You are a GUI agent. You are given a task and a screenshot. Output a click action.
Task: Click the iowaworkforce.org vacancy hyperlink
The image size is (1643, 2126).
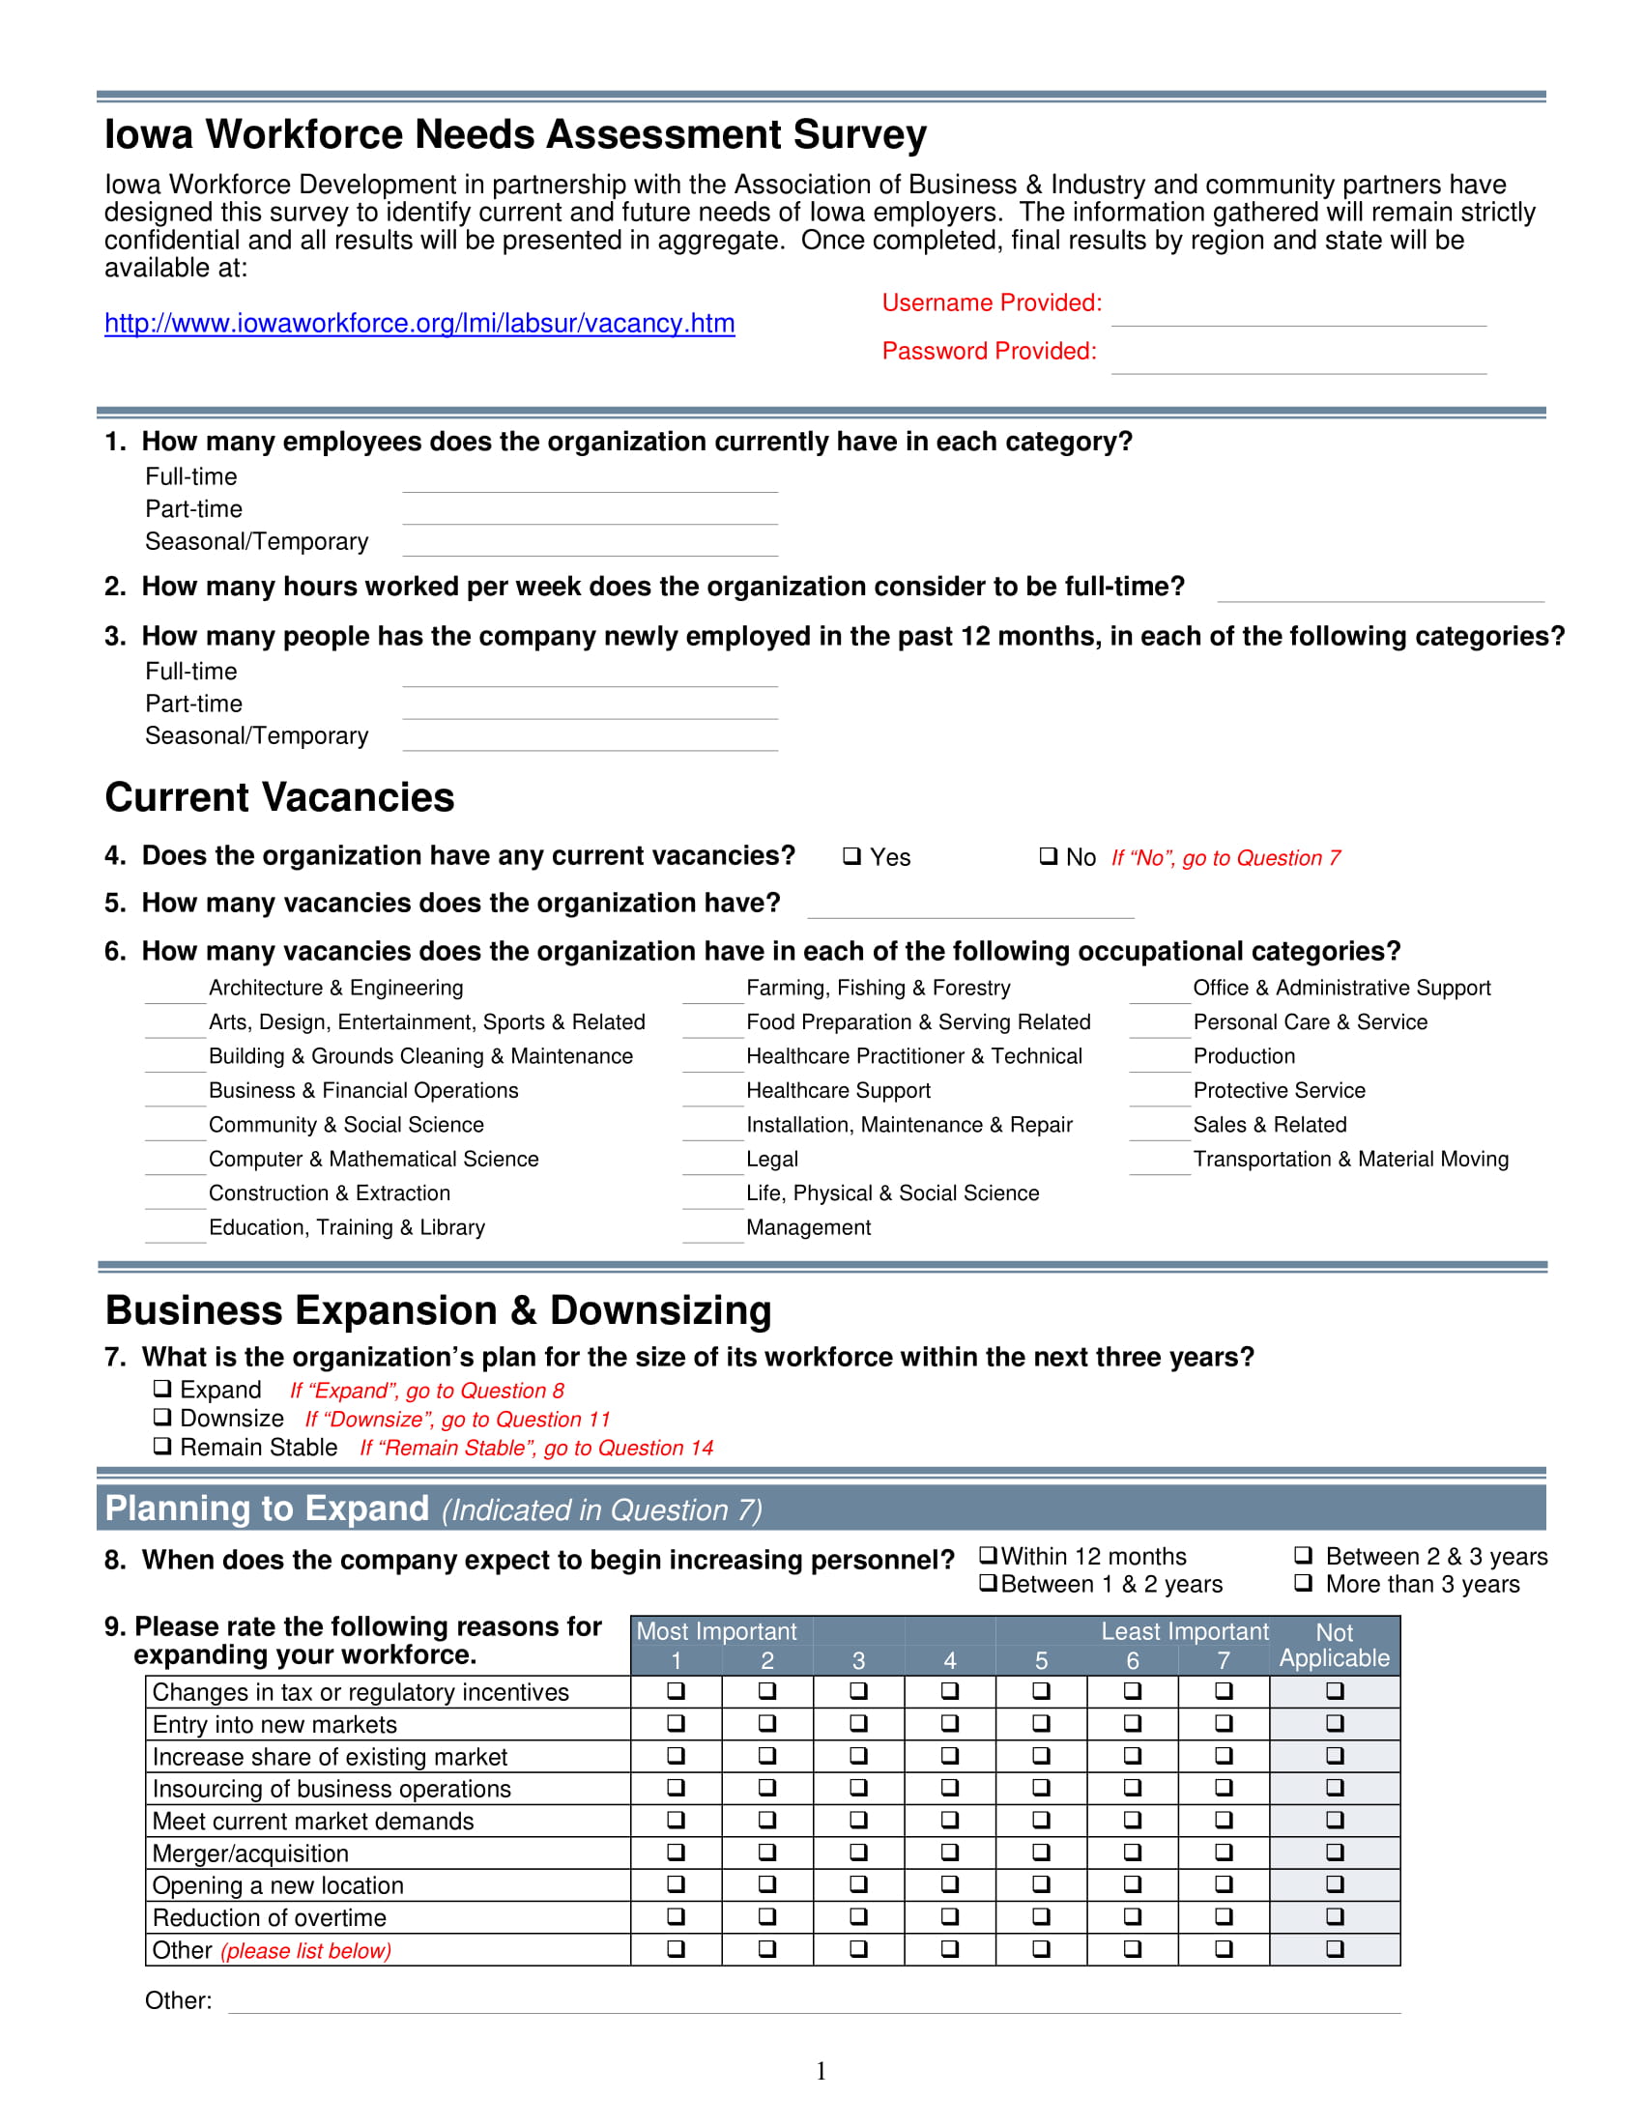coord(419,323)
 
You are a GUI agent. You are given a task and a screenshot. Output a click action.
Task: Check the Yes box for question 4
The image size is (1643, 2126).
coord(851,855)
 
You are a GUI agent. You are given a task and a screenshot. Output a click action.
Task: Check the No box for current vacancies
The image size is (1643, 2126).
coord(1048,855)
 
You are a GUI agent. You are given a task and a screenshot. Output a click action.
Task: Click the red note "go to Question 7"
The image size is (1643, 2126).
coord(1225,857)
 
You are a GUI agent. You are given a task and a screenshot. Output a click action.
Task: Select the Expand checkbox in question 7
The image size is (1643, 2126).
coord(162,1388)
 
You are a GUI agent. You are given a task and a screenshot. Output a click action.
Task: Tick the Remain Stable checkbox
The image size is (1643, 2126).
coord(162,1446)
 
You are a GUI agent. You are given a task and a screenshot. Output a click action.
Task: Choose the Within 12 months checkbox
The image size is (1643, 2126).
coord(988,1555)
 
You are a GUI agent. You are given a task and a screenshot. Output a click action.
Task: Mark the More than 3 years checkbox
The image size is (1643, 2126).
coord(1304,1583)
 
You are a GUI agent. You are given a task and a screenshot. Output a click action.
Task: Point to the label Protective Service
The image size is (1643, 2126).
coord(1279,1090)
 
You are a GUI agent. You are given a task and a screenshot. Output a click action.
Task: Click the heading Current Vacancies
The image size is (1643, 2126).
coord(279,797)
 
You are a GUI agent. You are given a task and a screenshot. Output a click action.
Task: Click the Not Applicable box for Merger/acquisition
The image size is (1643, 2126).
coord(1335,1852)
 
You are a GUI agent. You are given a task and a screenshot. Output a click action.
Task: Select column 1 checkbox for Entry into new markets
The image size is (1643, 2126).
coord(676,1723)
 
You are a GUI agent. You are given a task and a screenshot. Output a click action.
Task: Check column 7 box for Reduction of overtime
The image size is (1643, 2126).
coord(1224,1915)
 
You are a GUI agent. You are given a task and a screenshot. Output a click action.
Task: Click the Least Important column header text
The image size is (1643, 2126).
coord(1185,1631)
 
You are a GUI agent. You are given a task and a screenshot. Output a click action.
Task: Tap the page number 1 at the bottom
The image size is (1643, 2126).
coord(821,2071)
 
